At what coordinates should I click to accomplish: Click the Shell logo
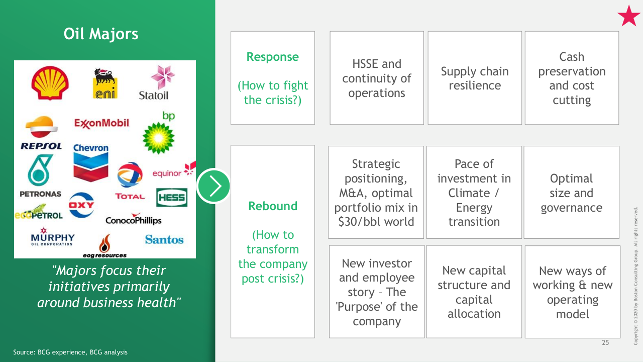[x=50, y=83]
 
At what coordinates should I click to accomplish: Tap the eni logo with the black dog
[x=105, y=83]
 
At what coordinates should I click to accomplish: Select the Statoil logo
[x=157, y=83]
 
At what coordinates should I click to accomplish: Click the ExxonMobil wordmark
[x=101, y=124]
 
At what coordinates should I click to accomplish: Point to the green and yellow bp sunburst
[x=158, y=138]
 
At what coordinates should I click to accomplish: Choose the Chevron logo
[x=91, y=162]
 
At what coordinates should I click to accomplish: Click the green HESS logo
[x=172, y=198]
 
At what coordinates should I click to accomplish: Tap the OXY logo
[x=81, y=205]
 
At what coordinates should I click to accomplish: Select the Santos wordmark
[x=164, y=240]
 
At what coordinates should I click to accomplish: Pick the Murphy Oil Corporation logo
[x=53, y=237]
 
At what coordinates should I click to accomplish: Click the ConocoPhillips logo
[x=134, y=219]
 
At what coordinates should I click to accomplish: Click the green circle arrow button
[x=213, y=186]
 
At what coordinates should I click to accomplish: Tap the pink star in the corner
[x=628, y=16]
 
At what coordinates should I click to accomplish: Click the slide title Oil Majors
[x=101, y=34]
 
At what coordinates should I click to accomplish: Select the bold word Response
[x=273, y=57]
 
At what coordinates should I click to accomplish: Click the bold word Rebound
[x=273, y=206]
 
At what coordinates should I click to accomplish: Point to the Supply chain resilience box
[x=475, y=78]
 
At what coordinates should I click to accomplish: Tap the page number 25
[x=605, y=342]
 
